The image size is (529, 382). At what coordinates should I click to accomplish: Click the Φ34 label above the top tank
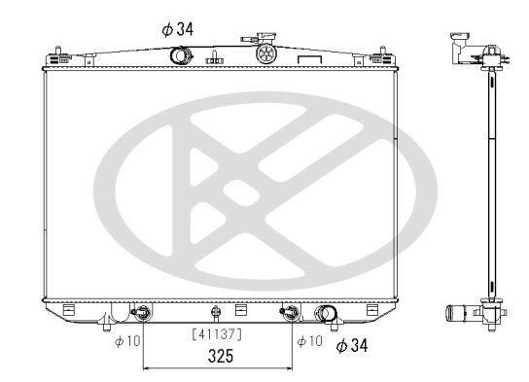(178, 29)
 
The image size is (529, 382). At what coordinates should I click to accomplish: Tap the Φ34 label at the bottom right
(353, 345)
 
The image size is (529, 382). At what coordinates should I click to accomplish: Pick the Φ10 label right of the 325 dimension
(308, 341)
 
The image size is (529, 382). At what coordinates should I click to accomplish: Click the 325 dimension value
(218, 357)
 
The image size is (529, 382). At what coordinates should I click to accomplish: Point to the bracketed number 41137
(217, 334)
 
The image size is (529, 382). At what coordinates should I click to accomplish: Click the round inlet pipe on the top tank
(181, 55)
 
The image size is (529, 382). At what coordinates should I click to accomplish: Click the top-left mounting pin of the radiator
(59, 50)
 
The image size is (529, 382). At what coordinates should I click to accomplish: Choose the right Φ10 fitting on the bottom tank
(288, 313)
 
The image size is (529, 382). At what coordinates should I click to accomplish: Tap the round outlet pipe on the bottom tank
(328, 315)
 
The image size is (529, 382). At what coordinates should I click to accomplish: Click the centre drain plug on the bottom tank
(216, 313)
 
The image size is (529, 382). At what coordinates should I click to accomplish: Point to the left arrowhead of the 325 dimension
(147, 369)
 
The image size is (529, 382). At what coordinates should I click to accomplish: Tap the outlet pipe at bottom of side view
(458, 314)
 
